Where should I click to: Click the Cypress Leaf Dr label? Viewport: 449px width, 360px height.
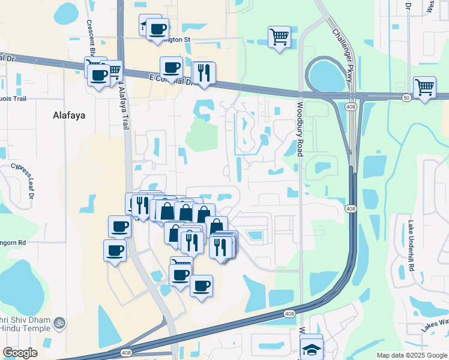coord(22,179)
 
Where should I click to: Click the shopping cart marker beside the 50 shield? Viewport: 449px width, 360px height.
coord(424,87)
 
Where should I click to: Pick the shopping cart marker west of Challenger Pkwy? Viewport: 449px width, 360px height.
coord(279,37)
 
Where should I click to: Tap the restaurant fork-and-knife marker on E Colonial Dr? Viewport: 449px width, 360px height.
coord(203,73)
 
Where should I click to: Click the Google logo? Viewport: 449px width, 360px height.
coord(20,352)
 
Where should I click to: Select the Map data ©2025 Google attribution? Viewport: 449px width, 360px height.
coord(411,355)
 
